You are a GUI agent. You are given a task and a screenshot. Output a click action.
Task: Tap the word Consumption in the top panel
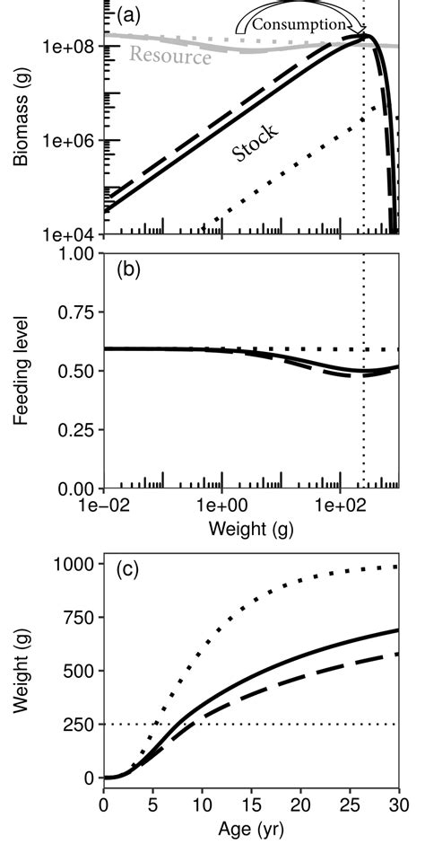pos(296,23)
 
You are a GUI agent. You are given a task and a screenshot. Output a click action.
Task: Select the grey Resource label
pos(170,56)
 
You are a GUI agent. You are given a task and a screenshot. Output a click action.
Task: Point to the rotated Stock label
pos(256,142)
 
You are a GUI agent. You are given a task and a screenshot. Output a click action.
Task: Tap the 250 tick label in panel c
pos(81,724)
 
